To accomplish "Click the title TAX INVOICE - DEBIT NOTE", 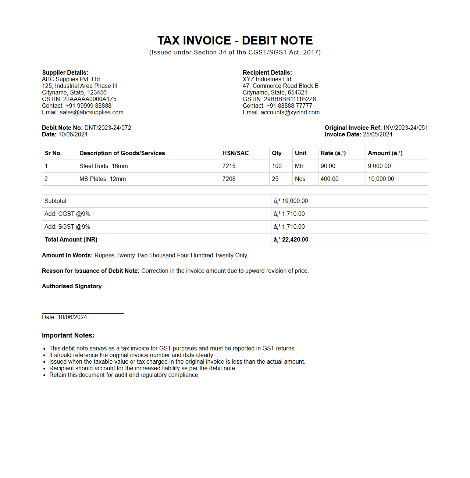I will click(x=235, y=40).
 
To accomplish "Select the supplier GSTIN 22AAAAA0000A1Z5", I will click(x=90, y=99).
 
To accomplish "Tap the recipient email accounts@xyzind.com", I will click(x=290, y=113).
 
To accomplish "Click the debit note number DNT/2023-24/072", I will click(x=108, y=128).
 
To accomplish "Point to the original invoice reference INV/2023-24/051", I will click(x=405, y=128).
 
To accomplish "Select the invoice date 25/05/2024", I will click(x=377, y=135).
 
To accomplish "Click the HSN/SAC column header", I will click(x=235, y=153).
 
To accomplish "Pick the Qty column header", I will click(x=277, y=153).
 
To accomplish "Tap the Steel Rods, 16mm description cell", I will click(x=104, y=166).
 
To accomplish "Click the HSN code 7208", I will click(x=229, y=179).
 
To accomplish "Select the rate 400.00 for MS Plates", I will click(x=330, y=179).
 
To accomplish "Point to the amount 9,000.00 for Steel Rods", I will click(x=379, y=166).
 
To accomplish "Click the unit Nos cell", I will click(x=300, y=179).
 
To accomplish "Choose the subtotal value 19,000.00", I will click(x=295, y=201).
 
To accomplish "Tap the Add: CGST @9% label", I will click(x=67, y=214).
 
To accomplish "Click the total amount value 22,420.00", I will click(x=295, y=240).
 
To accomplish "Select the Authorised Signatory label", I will click(x=72, y=286).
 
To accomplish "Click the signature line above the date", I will click(x=83, y=313).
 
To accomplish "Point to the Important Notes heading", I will click(x=68, y=335).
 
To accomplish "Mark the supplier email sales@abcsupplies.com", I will click(x=92, y=113).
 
